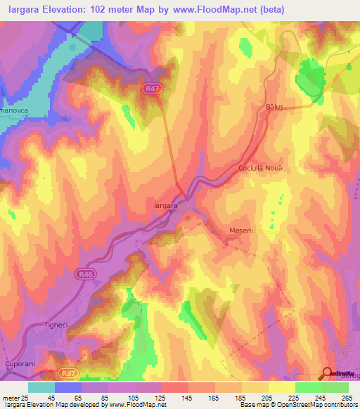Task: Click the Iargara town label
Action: click(x=164, y=205)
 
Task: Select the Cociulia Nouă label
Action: click(x=260, y=169)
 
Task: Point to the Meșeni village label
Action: click(x=241, y=231)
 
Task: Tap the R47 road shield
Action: click(x=149, y=89)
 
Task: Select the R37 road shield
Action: click(x=67, y=375)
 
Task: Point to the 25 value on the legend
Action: click(x=23, y=397)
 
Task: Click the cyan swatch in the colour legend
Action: click(x=41, y=387)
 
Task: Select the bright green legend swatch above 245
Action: click(x=308, y=387)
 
